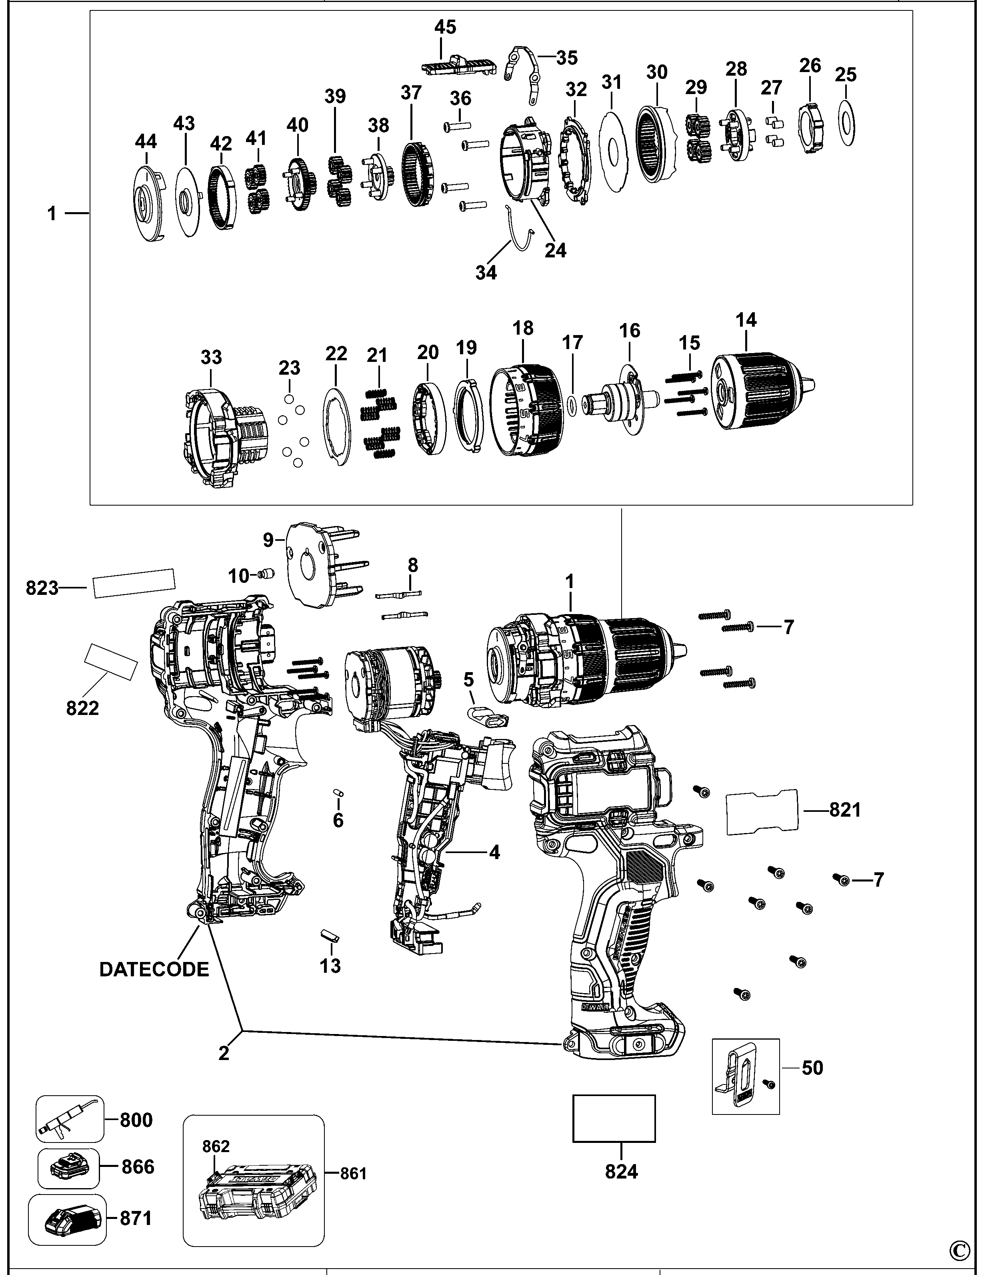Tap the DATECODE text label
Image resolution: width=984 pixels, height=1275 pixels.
click(x=154, y=969)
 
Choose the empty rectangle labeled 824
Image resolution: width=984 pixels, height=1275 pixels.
click(x=614, y=1118)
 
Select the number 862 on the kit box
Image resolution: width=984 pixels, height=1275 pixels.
click(x=216, y=1146)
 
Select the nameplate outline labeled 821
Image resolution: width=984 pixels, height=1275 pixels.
click(x=761, y=810)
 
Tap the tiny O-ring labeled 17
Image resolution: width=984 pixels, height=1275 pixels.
click(x=572, y=404)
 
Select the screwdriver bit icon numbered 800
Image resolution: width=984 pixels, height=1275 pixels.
click(x=69, y=1119)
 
